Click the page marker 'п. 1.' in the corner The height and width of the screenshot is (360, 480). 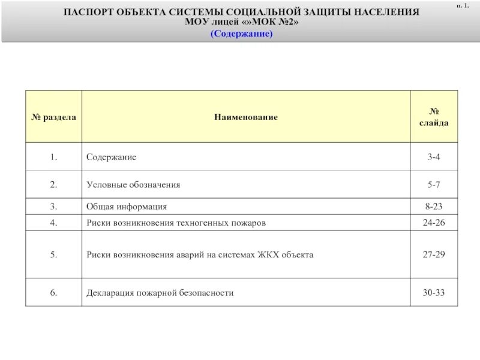click(x=463, y=5)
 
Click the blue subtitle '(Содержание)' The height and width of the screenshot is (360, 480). click(x=241, y=34)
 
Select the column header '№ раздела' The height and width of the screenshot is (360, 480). click(x=53, y=117)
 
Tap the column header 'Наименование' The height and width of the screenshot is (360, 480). click(x=246, y=117)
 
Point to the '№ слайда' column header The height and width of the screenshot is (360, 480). click(x=434, y=117)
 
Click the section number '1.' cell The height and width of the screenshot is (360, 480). click(x=53, y=157)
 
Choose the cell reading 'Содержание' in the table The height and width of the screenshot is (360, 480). click(x=111, y=157)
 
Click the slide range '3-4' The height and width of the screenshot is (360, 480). click(x=434, y=157)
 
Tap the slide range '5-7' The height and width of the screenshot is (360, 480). click(x=434, y=185)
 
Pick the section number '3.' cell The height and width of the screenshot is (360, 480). click(x=53, y=206)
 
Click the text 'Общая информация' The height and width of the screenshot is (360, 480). click(x=126, y=206)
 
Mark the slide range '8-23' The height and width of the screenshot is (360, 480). click(x=434, y=206)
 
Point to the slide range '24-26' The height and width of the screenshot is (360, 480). click(x=434, y=223)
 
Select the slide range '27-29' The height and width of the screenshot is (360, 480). click(x=434, y=254)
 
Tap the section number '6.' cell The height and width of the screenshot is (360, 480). click(x=53, y=293)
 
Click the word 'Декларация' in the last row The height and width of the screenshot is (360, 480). click(x=109, y=293)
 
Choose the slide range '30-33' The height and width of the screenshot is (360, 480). click(x=434, y=293)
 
